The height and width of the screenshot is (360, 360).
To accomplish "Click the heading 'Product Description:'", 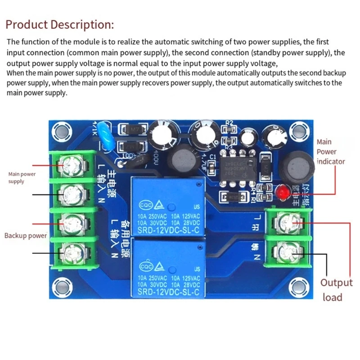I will click(60, 24).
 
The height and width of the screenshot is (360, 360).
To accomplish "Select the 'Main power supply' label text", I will click(22, 177).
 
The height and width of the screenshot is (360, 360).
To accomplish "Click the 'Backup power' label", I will click(26, 235).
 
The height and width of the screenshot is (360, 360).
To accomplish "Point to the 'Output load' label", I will click(336, 290).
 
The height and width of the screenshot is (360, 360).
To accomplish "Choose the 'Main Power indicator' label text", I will click(330, 152).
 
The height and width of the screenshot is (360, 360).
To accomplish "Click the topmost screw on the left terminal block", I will click(72, 166).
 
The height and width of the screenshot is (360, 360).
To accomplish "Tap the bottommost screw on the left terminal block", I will click(72, 251).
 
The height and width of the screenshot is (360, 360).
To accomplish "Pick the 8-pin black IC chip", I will click(235, 167).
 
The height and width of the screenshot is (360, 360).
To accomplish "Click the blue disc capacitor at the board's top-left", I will click(104, 134).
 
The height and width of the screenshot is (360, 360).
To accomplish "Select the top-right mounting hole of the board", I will click(297, 131).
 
